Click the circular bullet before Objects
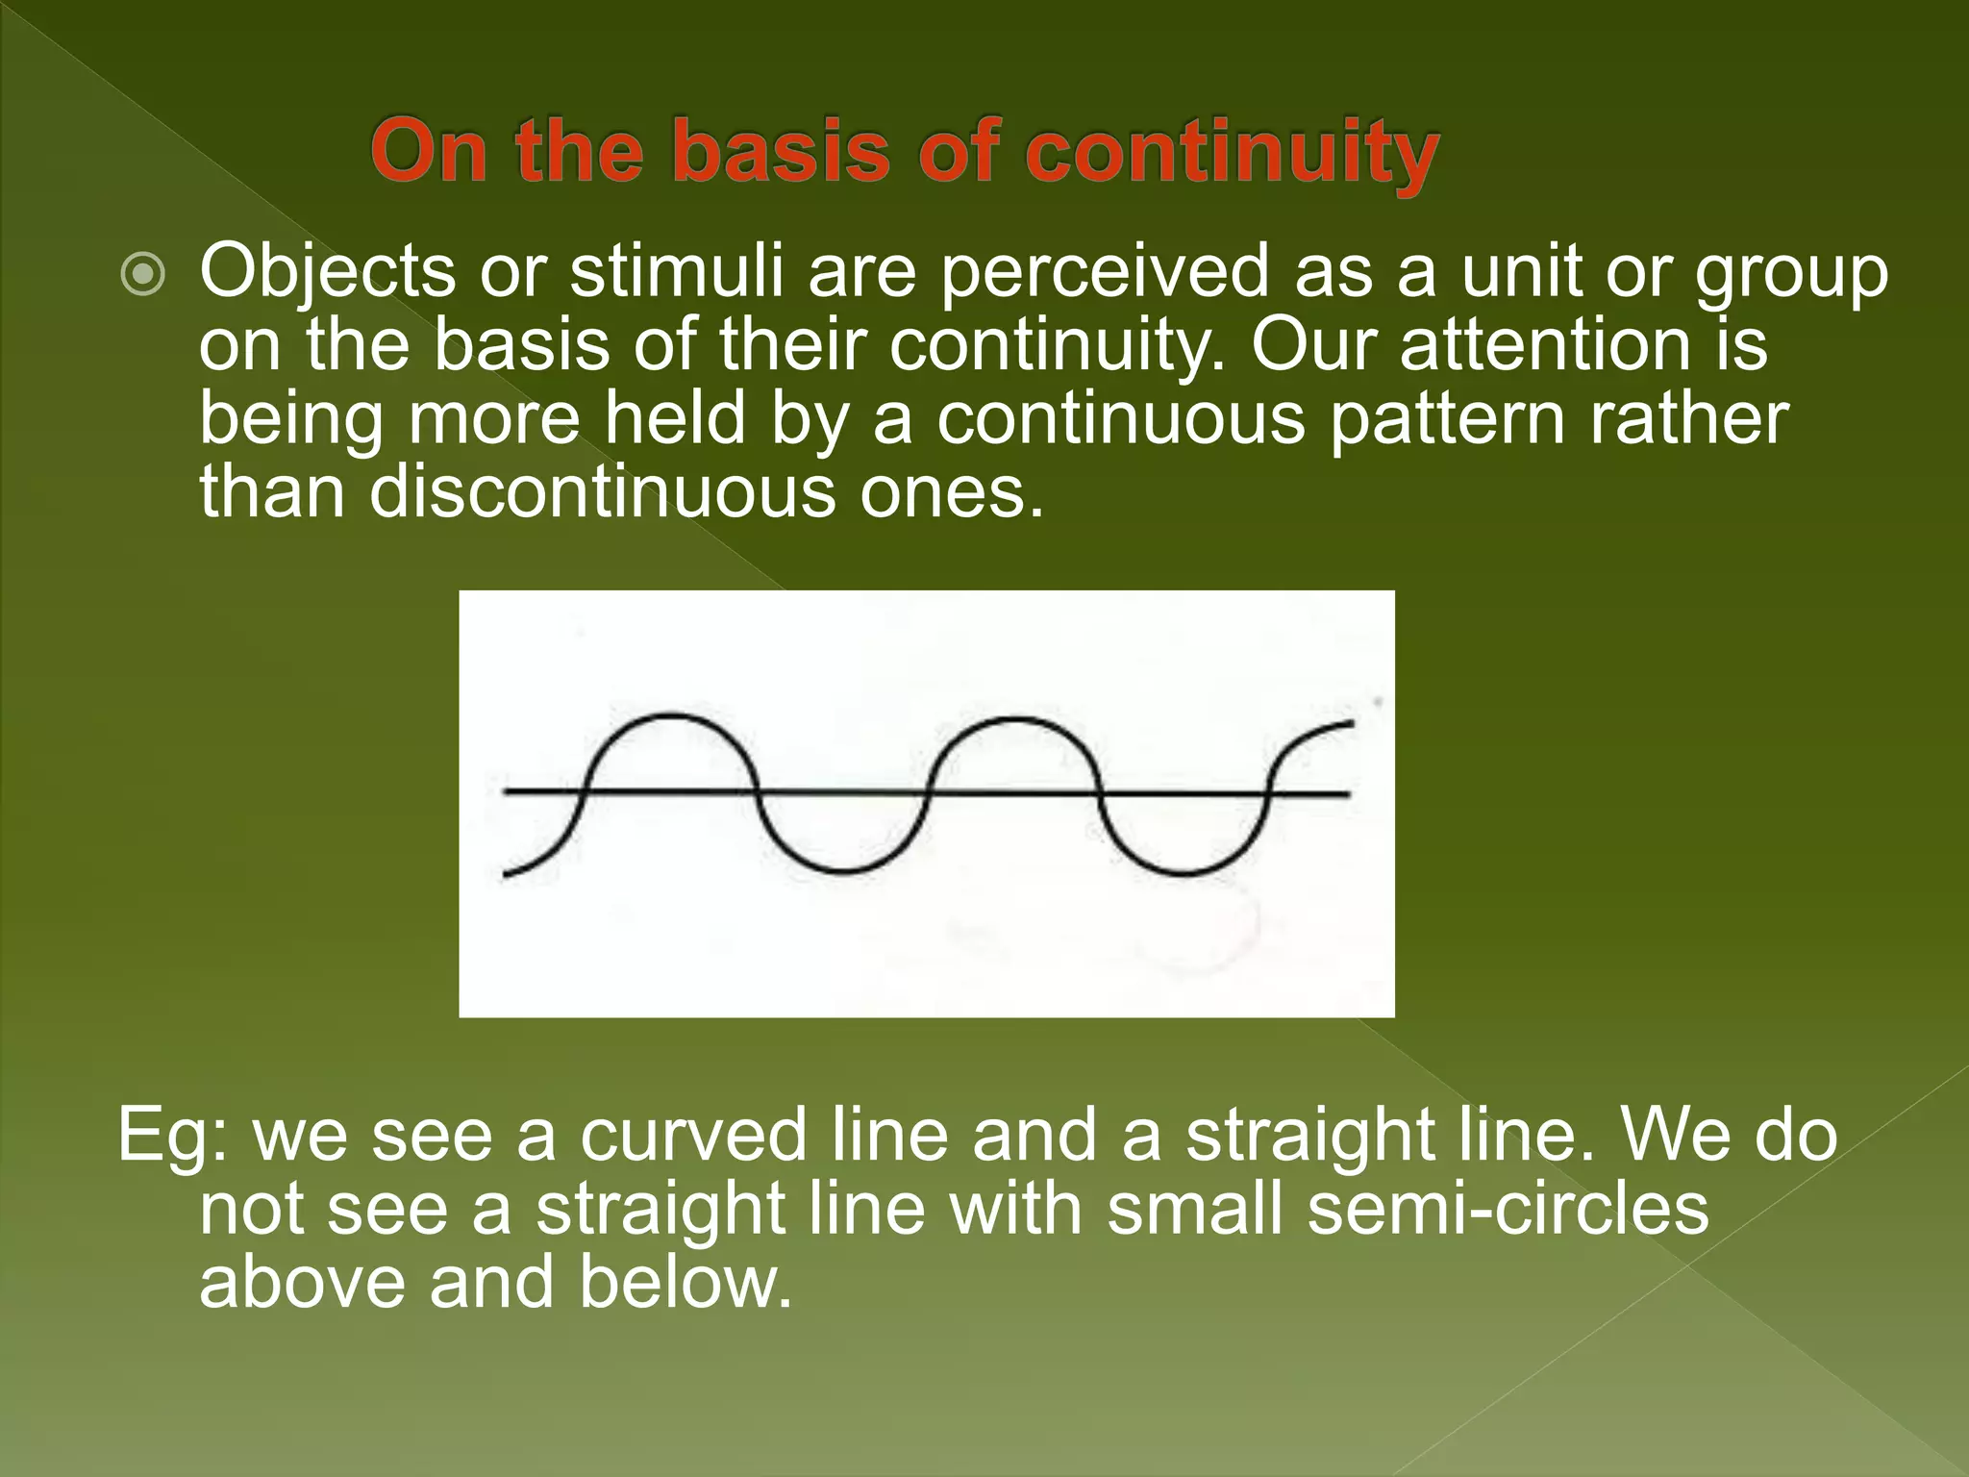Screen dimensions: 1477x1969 [143, 277]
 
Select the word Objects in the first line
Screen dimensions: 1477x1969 [327, 274]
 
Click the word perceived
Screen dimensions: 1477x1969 [1104, 274]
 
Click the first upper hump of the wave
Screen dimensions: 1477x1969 [670, 717]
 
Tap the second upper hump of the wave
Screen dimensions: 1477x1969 [1014, 719]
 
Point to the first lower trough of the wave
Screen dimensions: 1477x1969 [843, 871]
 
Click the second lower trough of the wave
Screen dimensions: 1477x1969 [1185, 873]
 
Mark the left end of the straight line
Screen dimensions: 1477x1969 [508, 792]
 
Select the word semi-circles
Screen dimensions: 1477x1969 [1508, 1209]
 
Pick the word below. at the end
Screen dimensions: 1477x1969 [685, 1284]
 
